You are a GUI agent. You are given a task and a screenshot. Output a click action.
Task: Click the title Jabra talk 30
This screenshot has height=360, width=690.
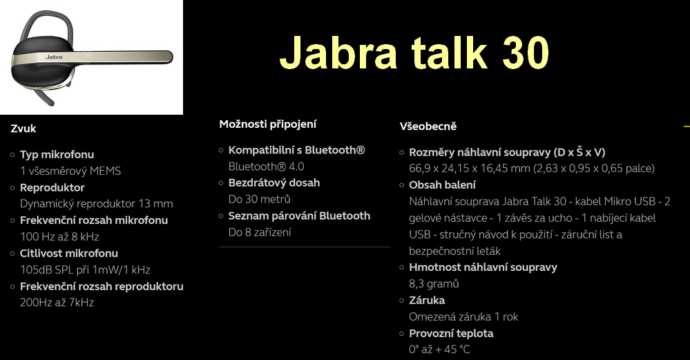point(414,53)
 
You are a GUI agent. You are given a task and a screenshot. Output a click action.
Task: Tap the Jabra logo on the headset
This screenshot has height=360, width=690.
point(54,57)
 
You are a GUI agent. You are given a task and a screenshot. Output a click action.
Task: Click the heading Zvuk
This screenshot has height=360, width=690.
point(23,129)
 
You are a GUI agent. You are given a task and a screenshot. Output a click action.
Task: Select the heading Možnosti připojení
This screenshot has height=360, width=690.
point(267,124)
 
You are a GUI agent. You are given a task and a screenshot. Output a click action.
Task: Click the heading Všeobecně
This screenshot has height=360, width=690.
point(428,126)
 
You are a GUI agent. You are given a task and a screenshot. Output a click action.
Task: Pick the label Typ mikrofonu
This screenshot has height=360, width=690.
point(57,155)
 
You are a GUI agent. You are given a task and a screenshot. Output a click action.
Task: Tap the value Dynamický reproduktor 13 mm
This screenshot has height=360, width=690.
point(97,204)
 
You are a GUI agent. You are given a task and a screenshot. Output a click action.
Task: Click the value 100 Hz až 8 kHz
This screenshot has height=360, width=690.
point(59,237)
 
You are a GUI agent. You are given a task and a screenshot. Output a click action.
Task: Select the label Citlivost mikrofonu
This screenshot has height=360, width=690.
point(68,254)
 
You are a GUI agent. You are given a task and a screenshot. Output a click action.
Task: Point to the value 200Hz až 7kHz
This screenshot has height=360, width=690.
point(57,303)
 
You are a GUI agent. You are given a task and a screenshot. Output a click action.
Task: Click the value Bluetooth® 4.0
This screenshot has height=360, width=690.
point(266,167)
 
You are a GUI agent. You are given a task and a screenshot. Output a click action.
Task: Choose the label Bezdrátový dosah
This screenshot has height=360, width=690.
point(274,183)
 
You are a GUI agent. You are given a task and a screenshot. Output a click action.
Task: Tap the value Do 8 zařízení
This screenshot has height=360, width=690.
point(260,232)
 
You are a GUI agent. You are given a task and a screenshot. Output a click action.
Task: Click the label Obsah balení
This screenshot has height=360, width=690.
point(442,185)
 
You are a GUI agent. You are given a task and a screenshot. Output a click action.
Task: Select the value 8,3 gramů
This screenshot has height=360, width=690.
point(434,284)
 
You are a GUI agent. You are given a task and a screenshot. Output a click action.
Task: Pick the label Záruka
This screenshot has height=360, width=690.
point(427,300)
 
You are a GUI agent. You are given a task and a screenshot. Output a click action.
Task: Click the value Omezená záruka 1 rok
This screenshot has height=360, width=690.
point(463,317)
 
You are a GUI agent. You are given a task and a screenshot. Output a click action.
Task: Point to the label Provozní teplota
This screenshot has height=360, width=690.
point(451,334)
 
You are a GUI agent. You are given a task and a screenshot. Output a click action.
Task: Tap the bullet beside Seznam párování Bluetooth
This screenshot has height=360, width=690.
point(221,216)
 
